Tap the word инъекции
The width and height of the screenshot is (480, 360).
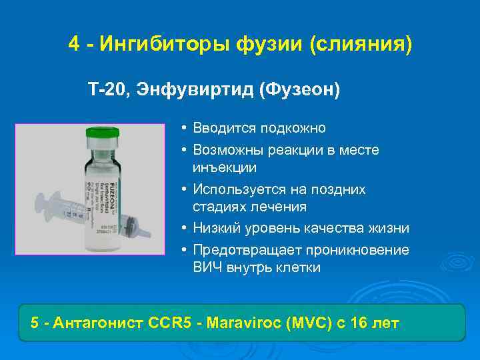click(224, 167)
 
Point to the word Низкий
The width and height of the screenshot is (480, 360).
click(214, 228)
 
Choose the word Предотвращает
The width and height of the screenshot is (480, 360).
click(246, 250)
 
